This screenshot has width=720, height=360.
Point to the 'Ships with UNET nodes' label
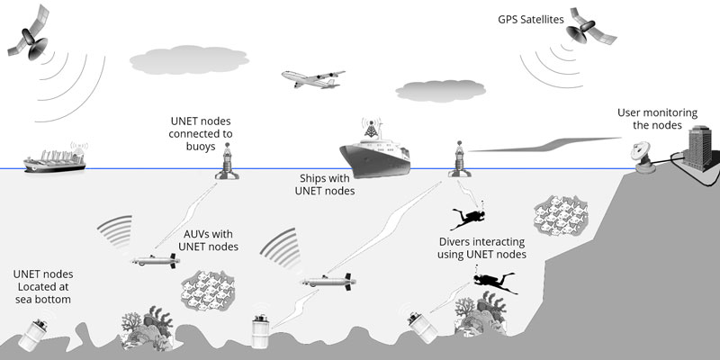(x=327, y=184)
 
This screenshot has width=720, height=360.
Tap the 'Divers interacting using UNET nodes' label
(x=482, y=248)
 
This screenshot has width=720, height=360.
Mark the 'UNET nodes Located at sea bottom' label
(x=43, y=286)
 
